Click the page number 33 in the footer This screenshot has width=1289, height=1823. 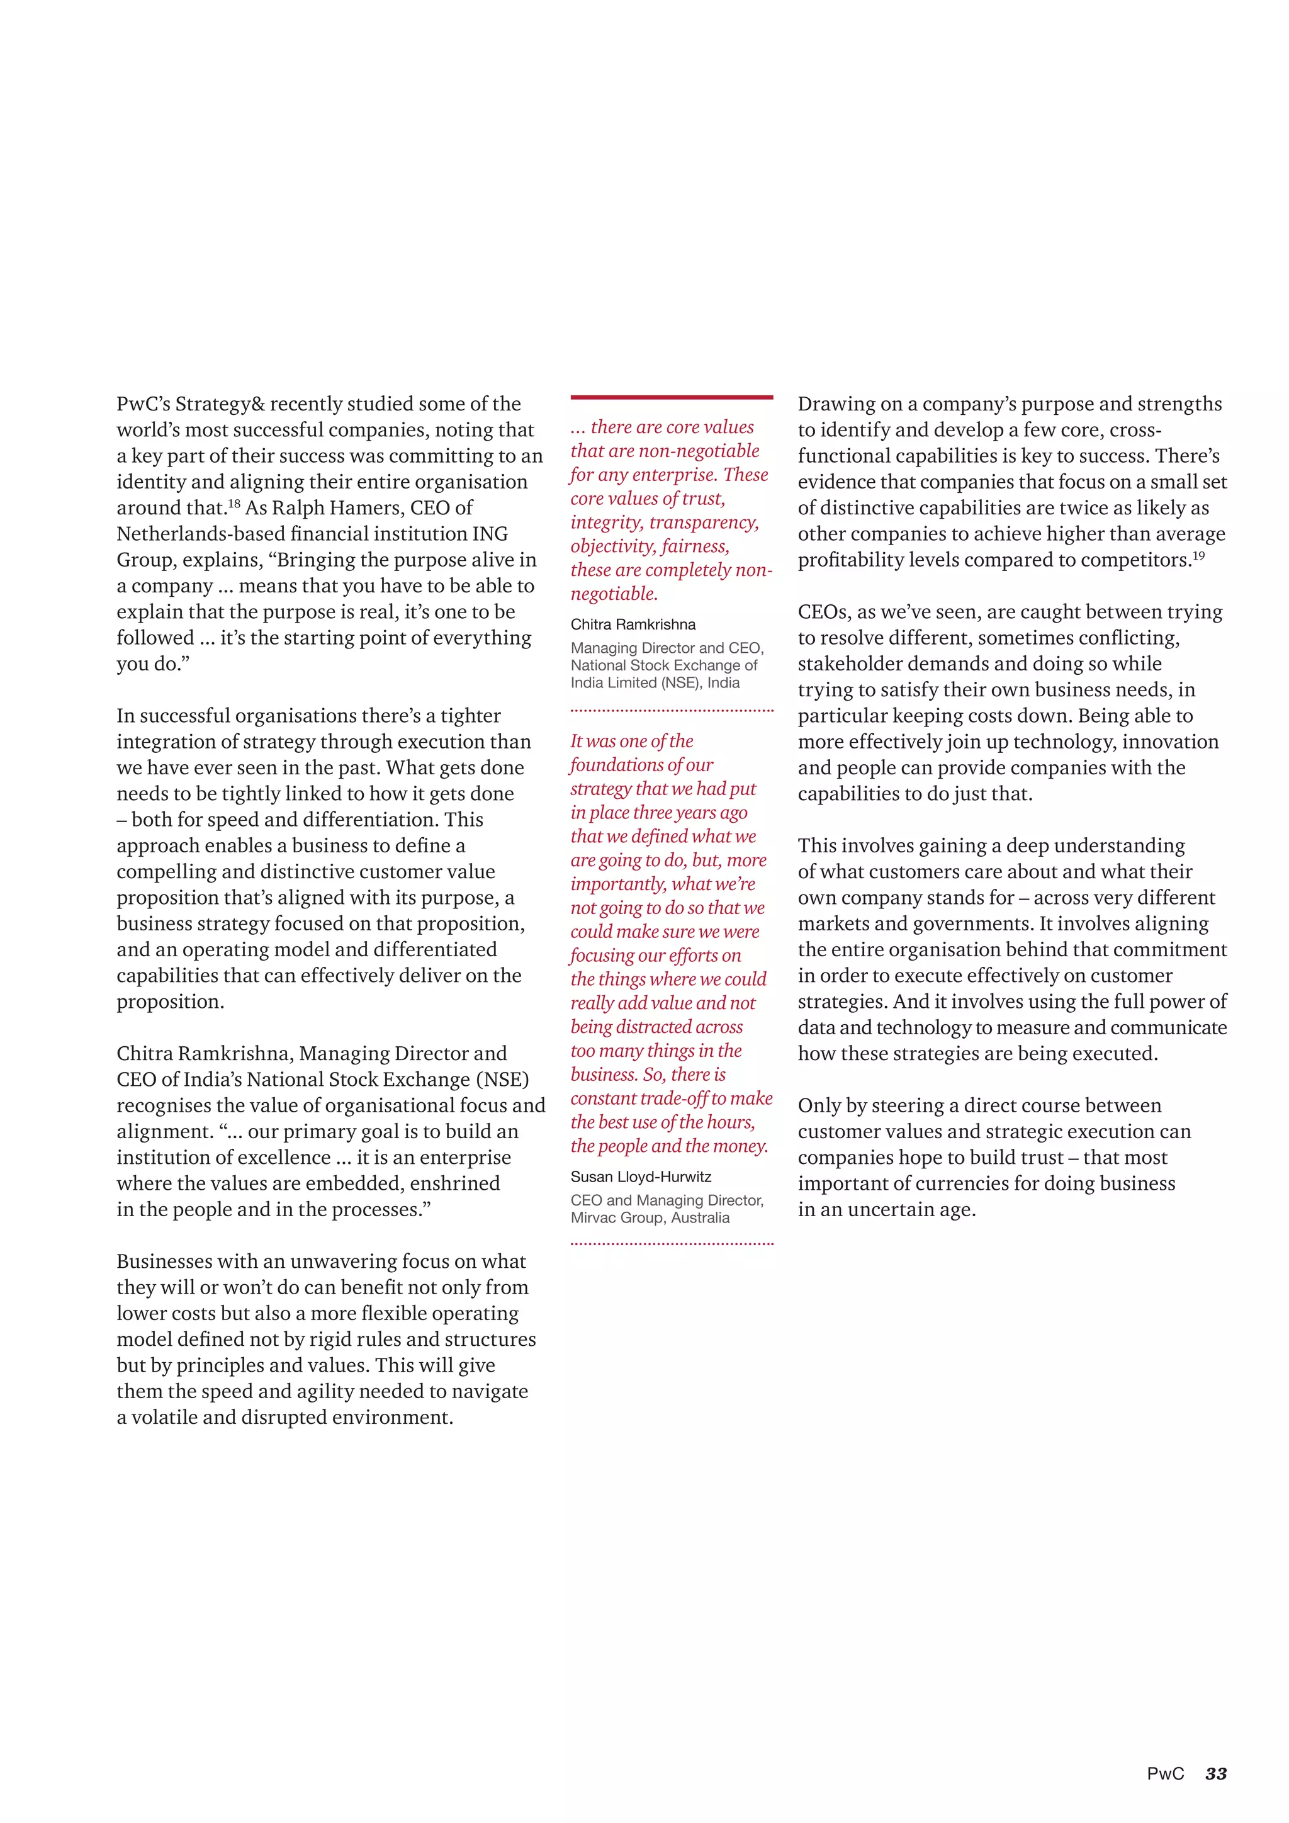(x=1216, y=1774)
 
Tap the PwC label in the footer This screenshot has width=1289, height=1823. (x=1164, y=1774)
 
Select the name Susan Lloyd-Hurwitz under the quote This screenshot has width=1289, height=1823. (x=641, y=1177)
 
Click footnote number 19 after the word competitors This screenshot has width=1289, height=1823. (x=1198, y=556)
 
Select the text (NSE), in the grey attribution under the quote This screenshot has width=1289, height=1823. (x=678, y=683)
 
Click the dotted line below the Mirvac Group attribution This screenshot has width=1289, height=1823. (x=672, y=1244)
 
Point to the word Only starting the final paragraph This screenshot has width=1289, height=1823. (x=821, y=1106)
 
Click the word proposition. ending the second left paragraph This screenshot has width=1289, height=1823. (x=170, y=1002)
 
